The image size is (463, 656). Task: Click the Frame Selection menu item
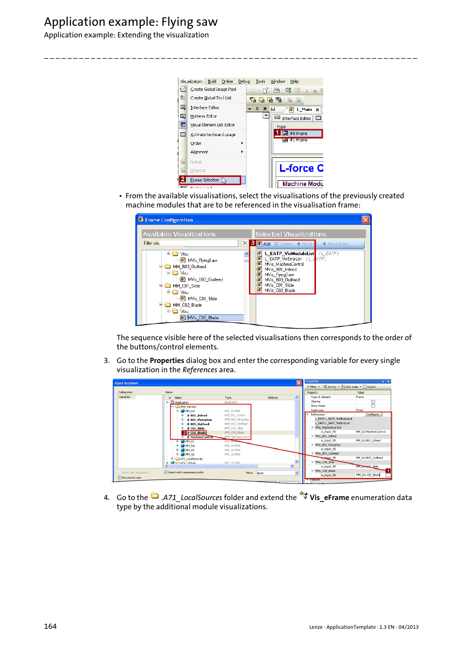tap(204, 180)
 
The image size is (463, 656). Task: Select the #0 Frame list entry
tap(298, 134)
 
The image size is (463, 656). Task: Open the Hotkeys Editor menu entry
tap(203, 116)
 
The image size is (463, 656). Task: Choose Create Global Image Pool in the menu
tap(213, 89)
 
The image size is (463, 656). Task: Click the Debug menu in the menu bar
tap(244, 82)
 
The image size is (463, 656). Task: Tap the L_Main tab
tap(304, 110)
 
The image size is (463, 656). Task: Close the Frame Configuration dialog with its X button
tap(365, 220)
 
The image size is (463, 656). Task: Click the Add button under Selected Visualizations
tap(265, 244)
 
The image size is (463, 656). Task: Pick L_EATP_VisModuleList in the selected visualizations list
tap(289, 254)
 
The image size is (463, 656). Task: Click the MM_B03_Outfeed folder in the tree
tap(189, 267)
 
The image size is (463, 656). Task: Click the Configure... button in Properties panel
tap(373, 414)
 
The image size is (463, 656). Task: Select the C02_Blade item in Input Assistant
tap(198, 432)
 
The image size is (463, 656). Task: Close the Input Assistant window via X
tap(299, 383)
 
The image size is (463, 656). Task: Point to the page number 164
tap(50, 626)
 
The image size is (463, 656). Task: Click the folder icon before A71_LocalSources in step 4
tap(155, 496)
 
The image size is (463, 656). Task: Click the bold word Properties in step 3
tap(167, 361)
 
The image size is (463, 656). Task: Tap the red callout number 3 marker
tap(252, 243)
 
